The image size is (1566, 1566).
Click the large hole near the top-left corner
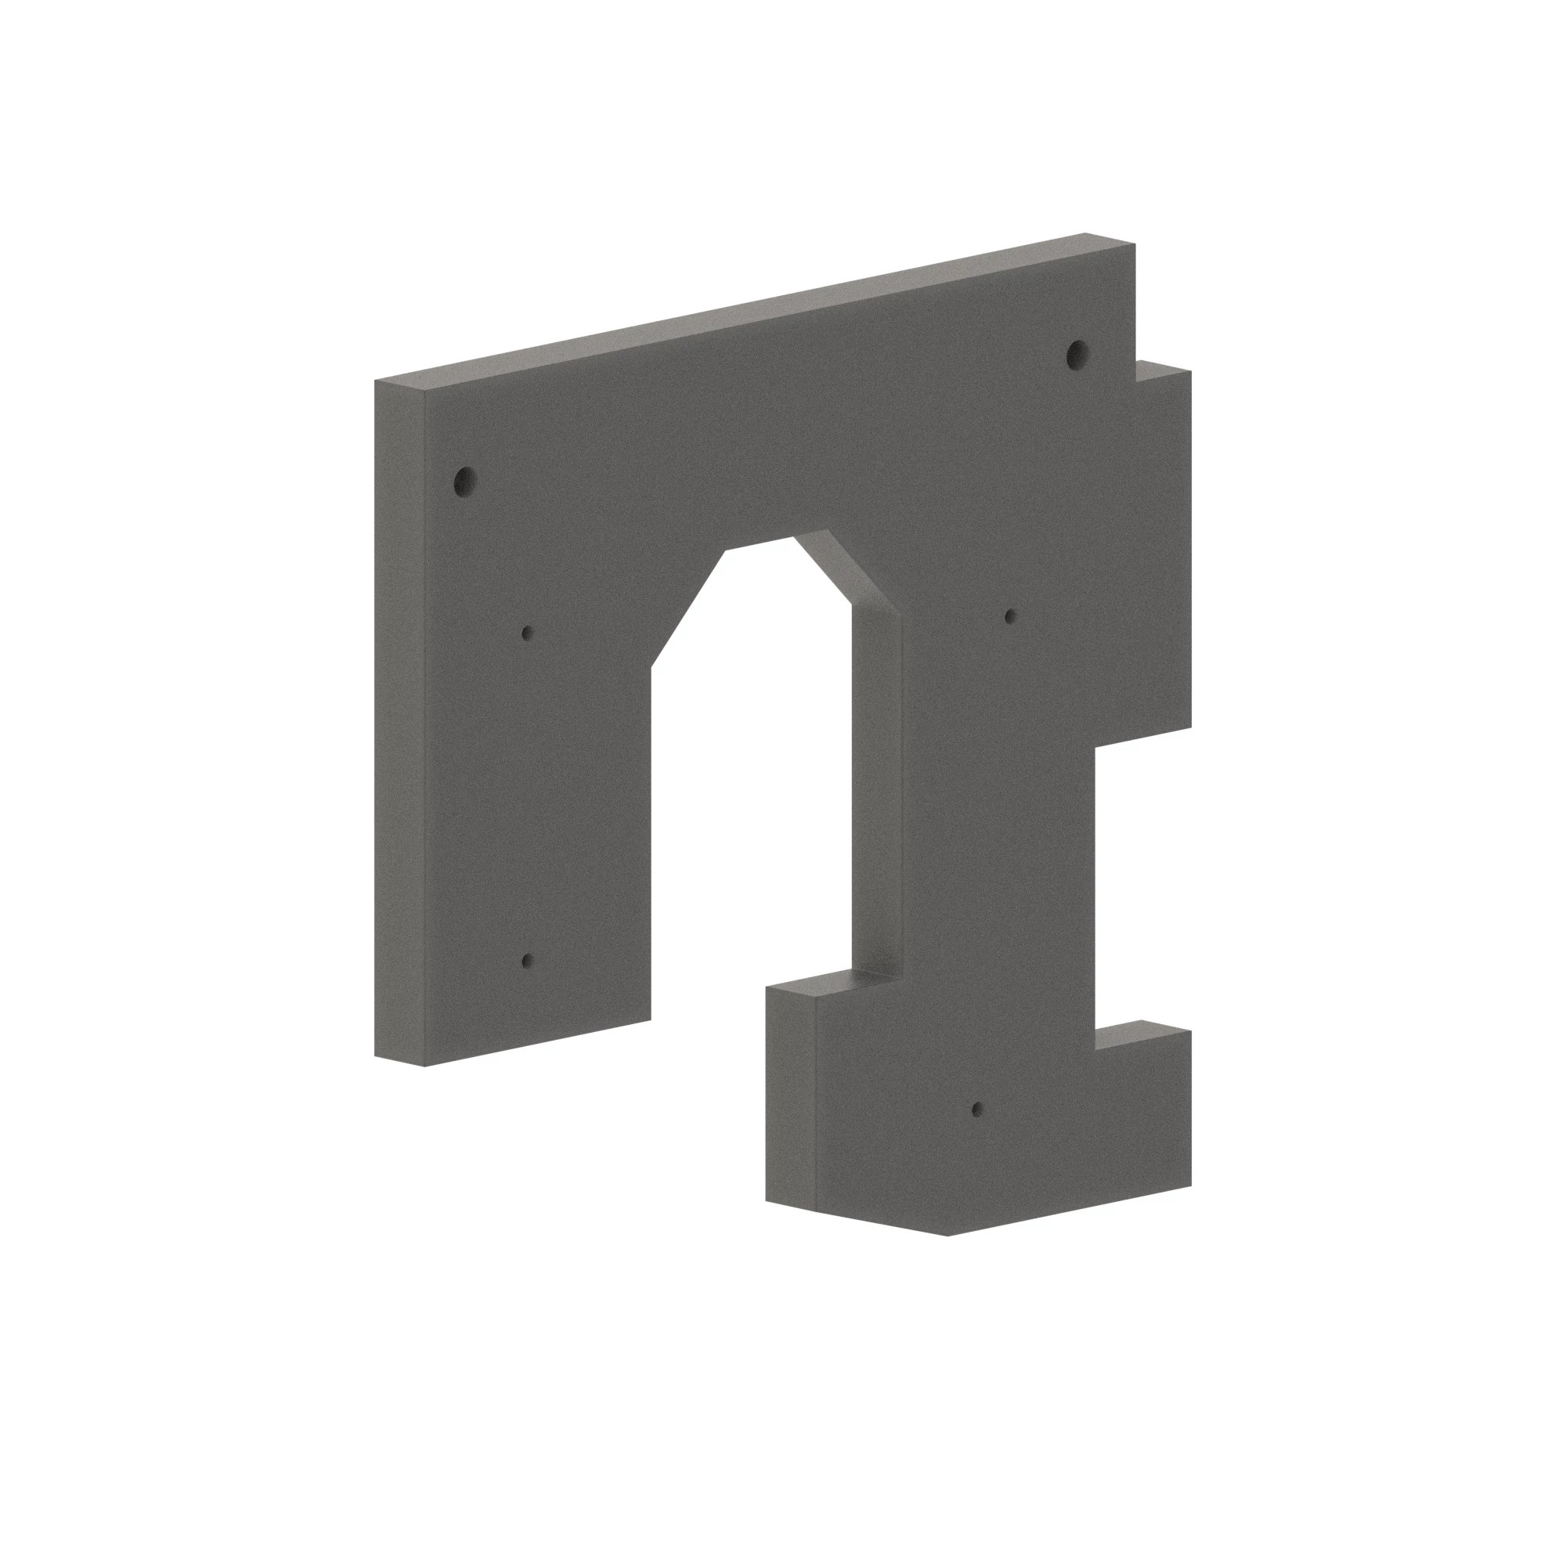coord(464,482)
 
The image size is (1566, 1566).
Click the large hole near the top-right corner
coord(1077,353)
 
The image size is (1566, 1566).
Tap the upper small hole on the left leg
coord(527,632)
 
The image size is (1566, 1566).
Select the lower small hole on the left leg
coord(527,962)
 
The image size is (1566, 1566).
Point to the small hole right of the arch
coord(1010,616)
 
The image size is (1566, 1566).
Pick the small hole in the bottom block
coord(976,1108)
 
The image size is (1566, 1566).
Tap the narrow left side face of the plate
coord(399,721)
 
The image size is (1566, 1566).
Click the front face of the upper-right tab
coord(1164,551)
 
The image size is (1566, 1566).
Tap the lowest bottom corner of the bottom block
coord(947,1236)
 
